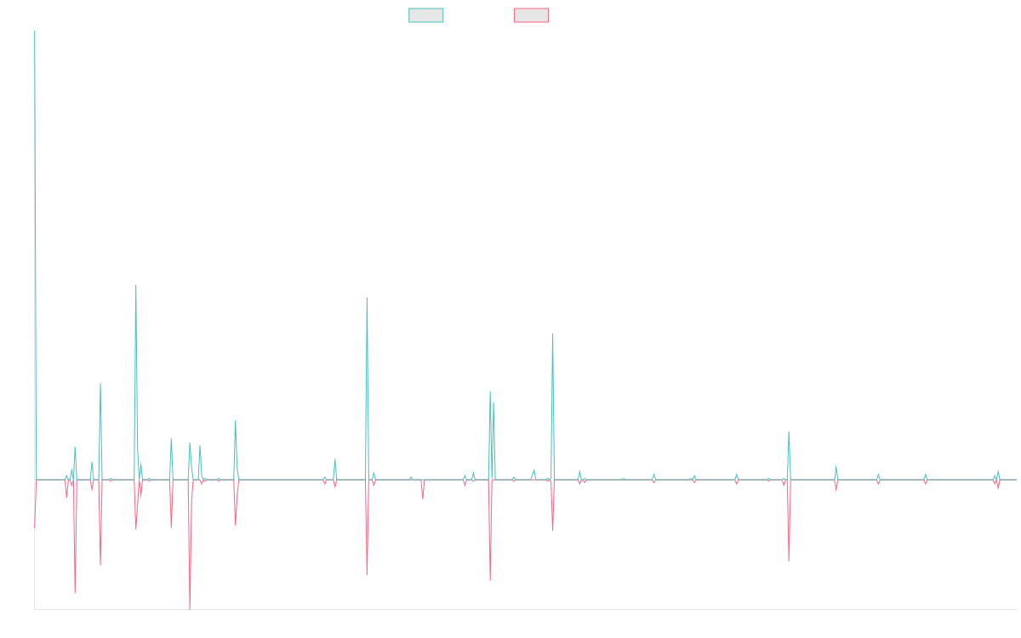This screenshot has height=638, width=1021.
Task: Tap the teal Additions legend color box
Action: pos(426,15)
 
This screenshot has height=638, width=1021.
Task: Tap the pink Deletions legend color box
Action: pos(532,15)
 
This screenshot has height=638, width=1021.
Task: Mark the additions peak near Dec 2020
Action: pos(553,333)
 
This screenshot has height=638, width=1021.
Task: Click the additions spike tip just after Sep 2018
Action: pos(367,298)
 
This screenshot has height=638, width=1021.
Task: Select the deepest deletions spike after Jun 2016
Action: pos(190,608)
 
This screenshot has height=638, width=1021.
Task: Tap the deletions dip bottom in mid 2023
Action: pos(789,561)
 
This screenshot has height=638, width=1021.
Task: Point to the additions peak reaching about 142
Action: pos(136,285)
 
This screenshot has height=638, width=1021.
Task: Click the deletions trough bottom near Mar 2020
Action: pos(491,580)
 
